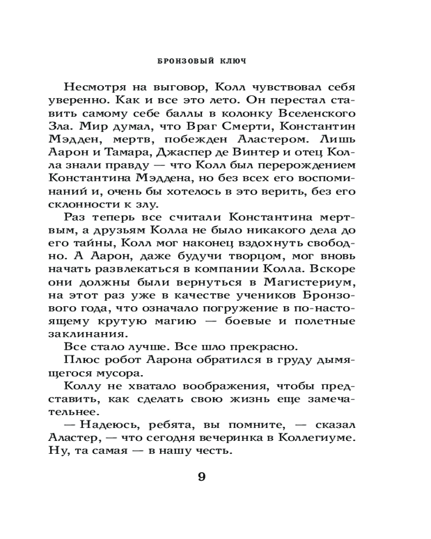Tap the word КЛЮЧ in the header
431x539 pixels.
(x=232, y=61)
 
